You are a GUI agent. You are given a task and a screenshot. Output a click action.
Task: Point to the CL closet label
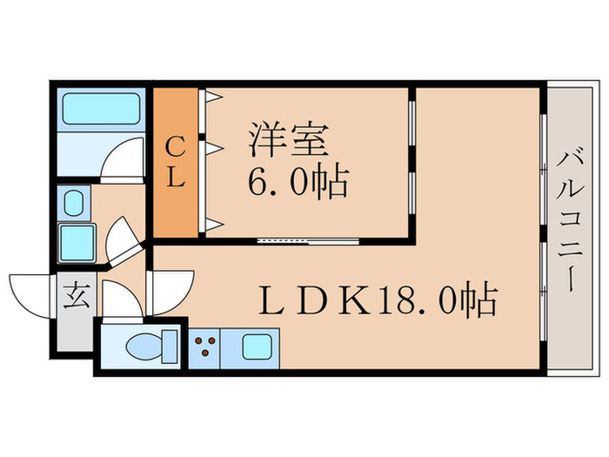174,163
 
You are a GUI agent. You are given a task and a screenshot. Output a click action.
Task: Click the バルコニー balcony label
572,218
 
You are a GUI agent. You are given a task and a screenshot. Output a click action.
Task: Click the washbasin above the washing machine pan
73,202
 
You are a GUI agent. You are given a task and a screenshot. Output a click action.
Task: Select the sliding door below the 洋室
309,239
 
